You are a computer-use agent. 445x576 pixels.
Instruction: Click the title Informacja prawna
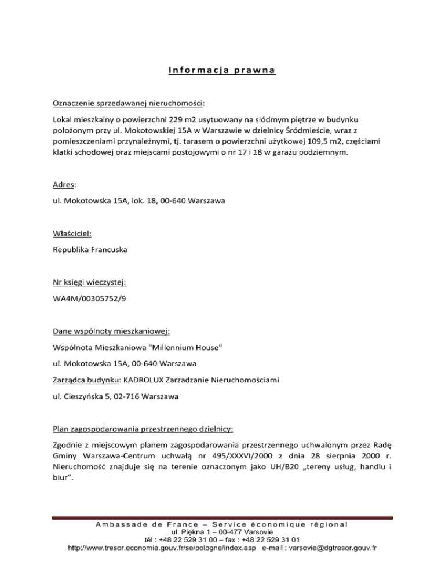tap(222, 71)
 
